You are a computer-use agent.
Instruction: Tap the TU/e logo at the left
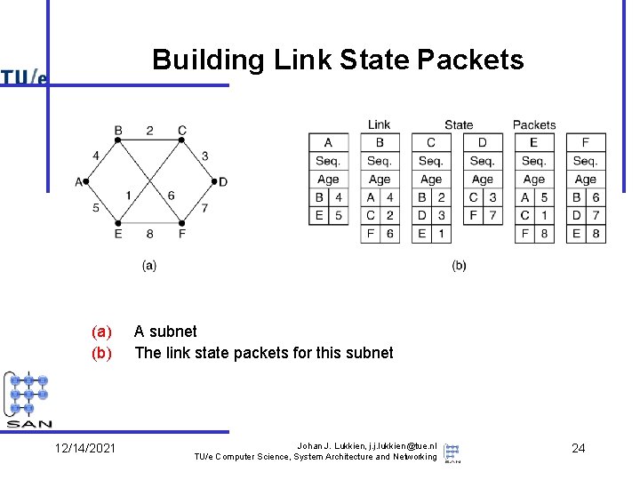[x=24, y=77]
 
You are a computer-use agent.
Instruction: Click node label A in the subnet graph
[x=78, y=182]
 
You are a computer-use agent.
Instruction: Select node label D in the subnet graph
[x=223, y=182]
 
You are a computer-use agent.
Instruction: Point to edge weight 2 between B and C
[x=149, y=131]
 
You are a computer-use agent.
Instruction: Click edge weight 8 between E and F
[x=149, y=235]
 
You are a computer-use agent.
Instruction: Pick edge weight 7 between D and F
[x=204, y=208]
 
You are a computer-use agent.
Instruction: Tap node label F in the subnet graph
[x=182, y=235]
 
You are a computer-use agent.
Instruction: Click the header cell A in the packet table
[x=328, y=142]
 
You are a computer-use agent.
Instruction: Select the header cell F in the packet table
[x=585, y=142]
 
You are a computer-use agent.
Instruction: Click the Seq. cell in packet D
[x=482, y=161]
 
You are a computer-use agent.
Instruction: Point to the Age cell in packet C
[x=431, y=180]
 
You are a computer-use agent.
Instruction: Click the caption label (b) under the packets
[x=459, y=265]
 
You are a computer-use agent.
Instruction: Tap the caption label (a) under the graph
[x=149, y=265]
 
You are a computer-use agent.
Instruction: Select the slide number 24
[x=578, y=448]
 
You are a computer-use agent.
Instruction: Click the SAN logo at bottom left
[x=29, y=400]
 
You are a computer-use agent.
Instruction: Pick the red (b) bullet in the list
[x=102, y=353]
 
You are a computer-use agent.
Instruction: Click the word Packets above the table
[x=534, y=125]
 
